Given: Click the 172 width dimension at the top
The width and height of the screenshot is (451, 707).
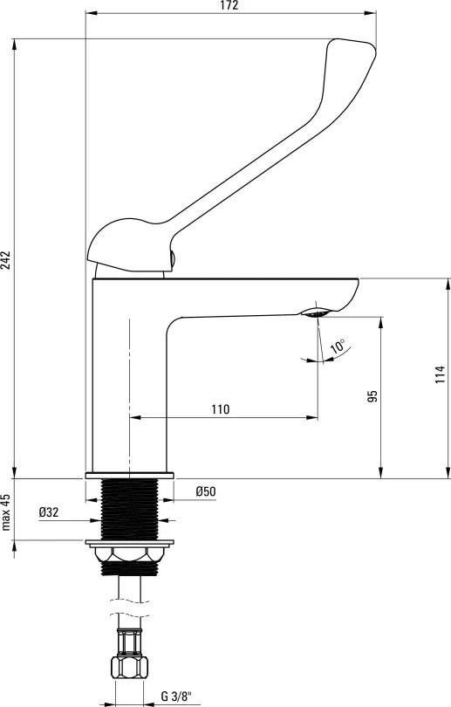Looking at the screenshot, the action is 229,5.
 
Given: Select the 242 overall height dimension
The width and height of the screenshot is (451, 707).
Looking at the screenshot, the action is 5,260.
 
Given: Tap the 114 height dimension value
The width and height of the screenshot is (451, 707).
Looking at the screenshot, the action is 440,374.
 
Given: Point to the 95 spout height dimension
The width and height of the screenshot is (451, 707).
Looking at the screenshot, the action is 372,396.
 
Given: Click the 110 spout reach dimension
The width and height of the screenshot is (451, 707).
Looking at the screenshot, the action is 221,409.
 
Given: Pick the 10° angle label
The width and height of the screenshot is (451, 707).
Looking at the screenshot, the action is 338,347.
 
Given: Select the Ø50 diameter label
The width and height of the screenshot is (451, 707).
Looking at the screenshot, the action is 206,491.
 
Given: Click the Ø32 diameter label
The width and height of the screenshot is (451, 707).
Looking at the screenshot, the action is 49,512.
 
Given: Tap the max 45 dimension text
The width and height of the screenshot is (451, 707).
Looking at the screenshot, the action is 5,512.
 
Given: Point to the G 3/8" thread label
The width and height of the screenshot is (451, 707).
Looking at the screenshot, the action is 176,697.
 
